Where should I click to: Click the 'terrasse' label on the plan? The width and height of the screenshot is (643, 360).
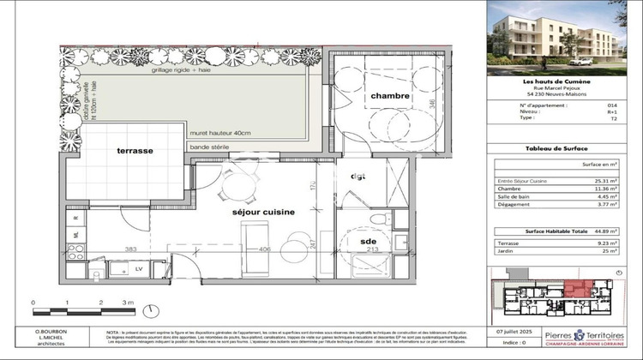click(135, 151)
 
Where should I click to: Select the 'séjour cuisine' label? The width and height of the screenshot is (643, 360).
click(264, 211)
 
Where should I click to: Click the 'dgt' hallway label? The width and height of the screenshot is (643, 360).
click(358, 178)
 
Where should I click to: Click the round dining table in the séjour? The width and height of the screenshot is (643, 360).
click(232, 181)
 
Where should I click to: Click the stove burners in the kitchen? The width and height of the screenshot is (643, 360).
click(76, 251)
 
